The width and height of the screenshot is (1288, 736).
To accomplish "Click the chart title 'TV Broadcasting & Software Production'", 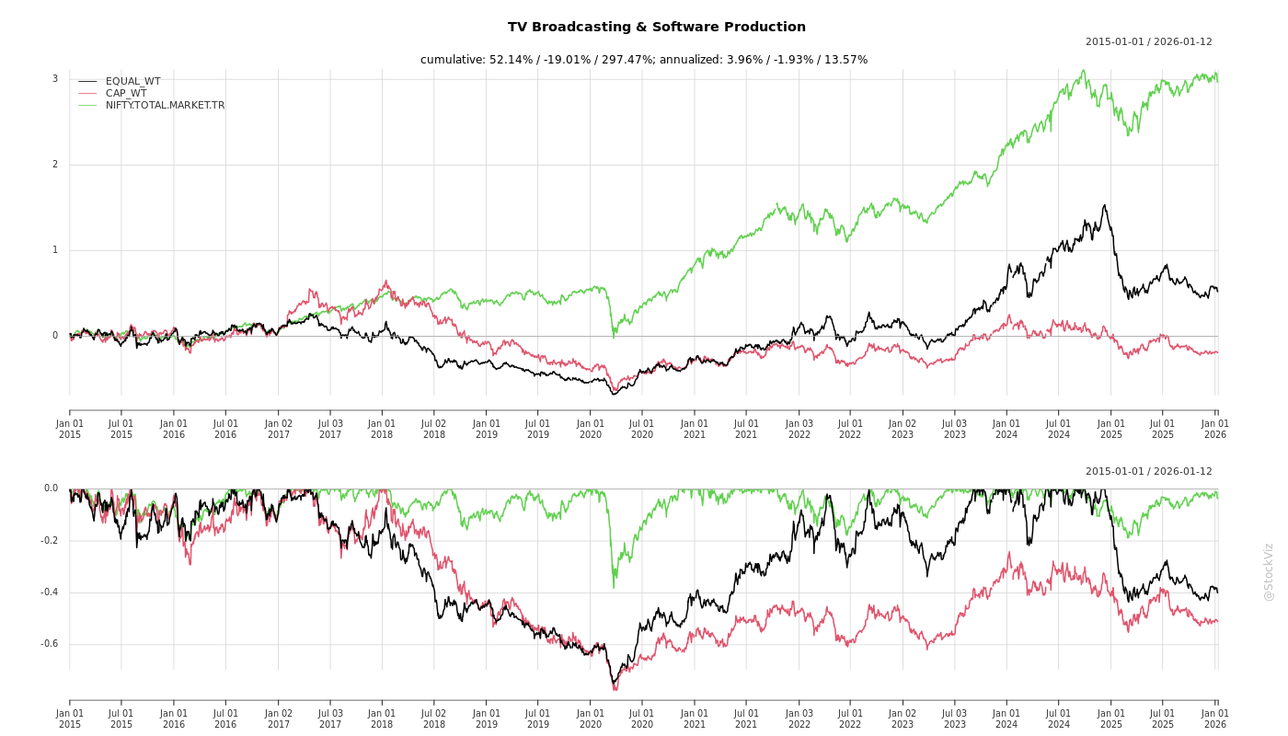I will [x=656, y=28].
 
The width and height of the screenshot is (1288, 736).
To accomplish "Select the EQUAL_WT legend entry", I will [x=132, y=82].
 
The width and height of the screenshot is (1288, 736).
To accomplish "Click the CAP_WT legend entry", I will [x=125, y=93].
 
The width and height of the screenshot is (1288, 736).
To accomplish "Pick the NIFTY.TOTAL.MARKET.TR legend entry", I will [x=165, y=106].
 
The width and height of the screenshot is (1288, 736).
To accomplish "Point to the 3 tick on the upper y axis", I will [x=54, y=79].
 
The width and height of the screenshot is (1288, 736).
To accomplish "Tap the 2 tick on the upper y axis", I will [x=54, y=165].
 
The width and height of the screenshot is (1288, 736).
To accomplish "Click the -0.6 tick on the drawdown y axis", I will [x=51, y=644].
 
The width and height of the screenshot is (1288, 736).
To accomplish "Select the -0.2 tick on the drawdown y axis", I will [x=51, y=541].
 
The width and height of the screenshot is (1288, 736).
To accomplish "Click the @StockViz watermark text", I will [x=1269, y=572].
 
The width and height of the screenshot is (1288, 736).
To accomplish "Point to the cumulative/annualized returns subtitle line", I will [x=643, y=60].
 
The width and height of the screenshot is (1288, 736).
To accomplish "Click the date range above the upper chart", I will [x=1148, y=42].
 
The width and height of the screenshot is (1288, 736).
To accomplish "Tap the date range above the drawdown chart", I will [x=1148, y=472].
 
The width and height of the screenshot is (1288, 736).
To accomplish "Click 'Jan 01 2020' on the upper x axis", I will [x=591, y=429].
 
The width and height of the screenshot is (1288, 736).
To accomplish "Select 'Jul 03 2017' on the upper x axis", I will [x=330, y=429].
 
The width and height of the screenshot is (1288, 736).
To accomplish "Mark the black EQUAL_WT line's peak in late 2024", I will [x=1104, y=205].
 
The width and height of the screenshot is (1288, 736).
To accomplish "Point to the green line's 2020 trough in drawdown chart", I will [x=614, y=587].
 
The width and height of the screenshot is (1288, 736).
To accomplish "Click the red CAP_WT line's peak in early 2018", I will [x=385, y=282].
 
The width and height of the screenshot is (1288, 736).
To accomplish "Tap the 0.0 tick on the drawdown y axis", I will [x=51, y=489].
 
